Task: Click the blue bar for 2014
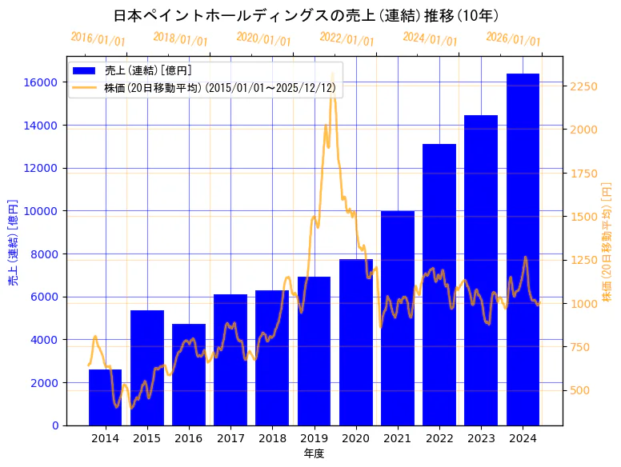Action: (x=105, y=397)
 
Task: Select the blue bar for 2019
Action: (x=314, y=352)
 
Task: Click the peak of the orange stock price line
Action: (x=332, y=74)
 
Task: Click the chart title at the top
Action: (x=306, y=16)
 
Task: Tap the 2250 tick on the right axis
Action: (x=585, y=86)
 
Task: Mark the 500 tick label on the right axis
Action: (x=582, y=390)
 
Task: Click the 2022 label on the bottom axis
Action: (x=439, y=438)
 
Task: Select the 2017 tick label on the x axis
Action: (x=230, y=438)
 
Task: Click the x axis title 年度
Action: (x=314, y=453)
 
